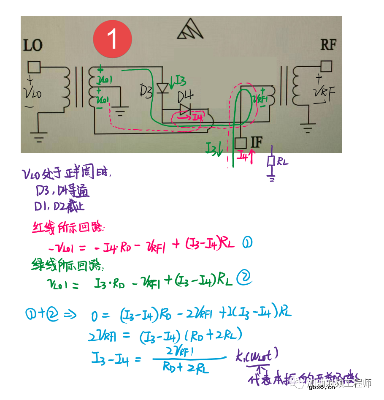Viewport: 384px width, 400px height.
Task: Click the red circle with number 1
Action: click(x=112, y=39)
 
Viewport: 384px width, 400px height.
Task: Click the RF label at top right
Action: click(x=328, y=44)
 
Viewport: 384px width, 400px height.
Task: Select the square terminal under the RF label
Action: click(x=326, y=66)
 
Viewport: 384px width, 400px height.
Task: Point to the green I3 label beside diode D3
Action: click(x=177, y=80)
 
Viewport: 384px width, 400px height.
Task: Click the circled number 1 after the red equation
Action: click(x=248, y=242)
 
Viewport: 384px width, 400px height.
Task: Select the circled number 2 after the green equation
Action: click(x=244, y=278)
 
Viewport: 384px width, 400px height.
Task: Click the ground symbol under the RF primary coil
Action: click(x=308, y=127)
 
